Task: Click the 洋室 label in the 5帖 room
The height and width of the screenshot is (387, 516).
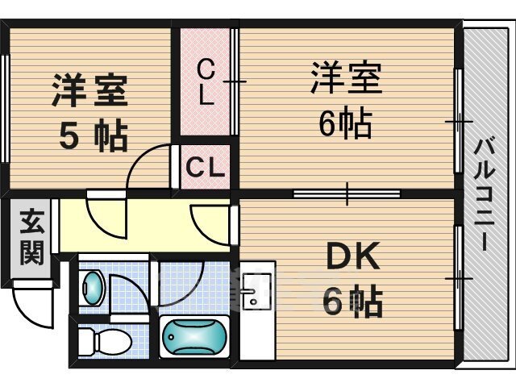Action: point(89,90)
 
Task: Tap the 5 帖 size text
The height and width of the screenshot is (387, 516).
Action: point(94,136)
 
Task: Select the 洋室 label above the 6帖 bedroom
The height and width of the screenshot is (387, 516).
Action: point(347,77)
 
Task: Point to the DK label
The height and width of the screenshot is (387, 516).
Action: point(352,256)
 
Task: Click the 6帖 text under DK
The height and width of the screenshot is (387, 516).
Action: point(352,302)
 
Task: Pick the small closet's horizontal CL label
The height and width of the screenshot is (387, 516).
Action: point(205,167)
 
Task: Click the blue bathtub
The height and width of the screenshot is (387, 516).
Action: point(194,336)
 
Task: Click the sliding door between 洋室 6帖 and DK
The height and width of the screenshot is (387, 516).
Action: point(347,193)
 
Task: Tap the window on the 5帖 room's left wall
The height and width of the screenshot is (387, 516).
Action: point(5,109)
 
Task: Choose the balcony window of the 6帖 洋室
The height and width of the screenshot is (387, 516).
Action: point(459,121)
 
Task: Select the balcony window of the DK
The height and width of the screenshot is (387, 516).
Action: point(459,278)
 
